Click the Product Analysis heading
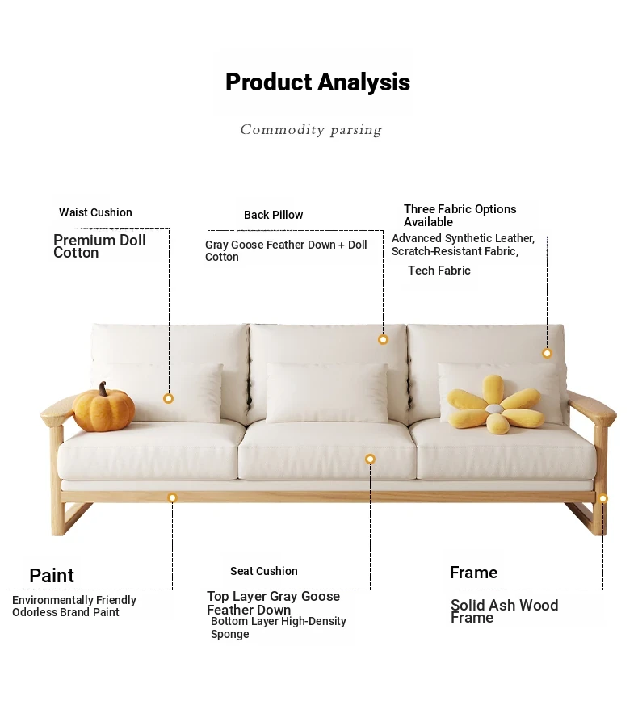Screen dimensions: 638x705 [x=317, y=82]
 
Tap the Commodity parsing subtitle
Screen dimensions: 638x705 [x=311, y=130]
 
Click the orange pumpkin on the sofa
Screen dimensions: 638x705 [x=104, y=407]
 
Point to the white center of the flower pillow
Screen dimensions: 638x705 [x=494, y=409]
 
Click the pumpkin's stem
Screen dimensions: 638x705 [x=103, y=388]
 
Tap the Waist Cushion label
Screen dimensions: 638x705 [x=95, y=212]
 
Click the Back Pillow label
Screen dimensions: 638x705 [x=273, y=215]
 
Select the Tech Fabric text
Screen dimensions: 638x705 [x=439, y=271]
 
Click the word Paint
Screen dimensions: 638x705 [x=52, y=576]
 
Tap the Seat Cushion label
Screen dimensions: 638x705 [x=264, y=571]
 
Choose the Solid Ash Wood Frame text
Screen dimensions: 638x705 [x=505, y=611]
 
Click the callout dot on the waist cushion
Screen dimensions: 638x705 [x=169, y=398]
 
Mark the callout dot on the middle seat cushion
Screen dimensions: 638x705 [x=370, y=459]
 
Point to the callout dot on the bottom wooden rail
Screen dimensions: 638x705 [x=172, y=497]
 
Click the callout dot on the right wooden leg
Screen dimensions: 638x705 [x=603, y=498]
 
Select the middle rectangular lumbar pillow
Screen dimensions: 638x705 [x=327, y=393]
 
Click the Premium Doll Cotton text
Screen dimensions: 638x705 [x=99, y=246]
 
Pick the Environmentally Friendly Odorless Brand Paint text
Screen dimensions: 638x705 [x=74, y=606]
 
